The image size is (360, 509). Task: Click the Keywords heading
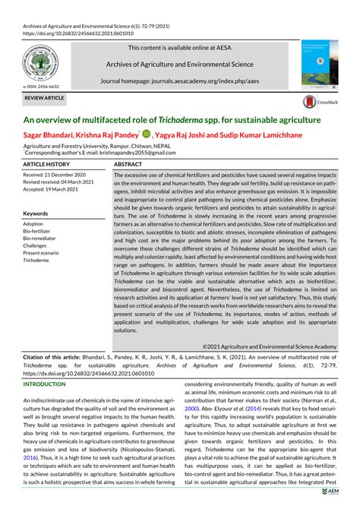tap(36, 214)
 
